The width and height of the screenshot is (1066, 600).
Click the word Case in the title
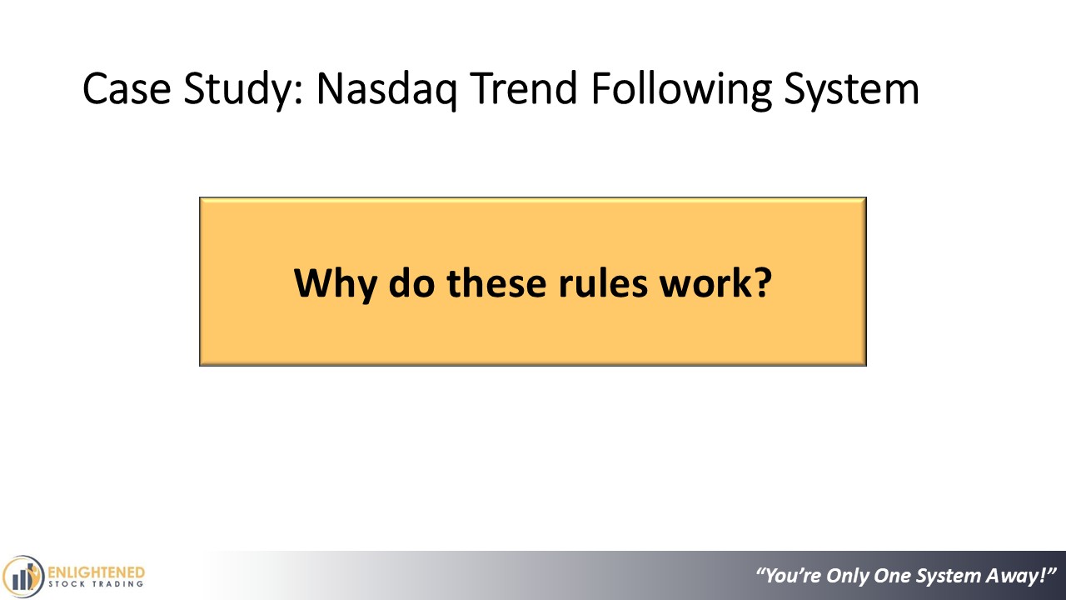click(127, 88)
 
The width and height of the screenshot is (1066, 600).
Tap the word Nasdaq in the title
click(386, 91)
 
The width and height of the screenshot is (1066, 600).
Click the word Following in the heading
click(681, 91)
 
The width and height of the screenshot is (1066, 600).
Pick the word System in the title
click(852, 91)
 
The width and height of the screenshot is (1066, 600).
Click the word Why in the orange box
click(335, 284)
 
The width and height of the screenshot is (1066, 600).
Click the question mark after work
click(763, 282)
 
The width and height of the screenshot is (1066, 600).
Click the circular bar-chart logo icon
click(22, 577)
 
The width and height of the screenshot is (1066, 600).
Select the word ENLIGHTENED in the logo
click(96, 572)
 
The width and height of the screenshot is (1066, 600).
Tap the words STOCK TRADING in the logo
click(96, 584)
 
